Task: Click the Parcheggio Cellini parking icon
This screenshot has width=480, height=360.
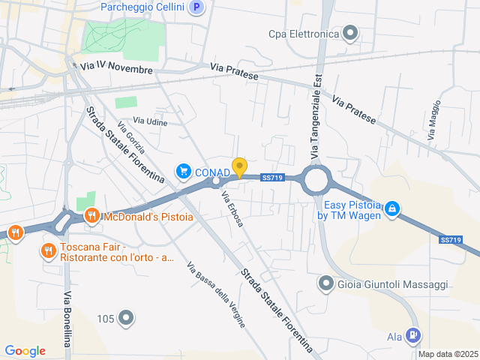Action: point(196,7)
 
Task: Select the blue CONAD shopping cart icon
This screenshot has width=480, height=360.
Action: point(183,172)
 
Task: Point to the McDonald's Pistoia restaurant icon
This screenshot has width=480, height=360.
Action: point(91,217)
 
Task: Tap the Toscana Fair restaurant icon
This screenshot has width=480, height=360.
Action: point(49,250)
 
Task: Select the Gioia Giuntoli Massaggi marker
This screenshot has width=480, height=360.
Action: point(325,283)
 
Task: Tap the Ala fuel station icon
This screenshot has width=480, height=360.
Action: point(412,335)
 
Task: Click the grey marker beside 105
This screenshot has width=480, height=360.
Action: point(126,319)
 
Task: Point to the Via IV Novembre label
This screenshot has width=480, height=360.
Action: point(116,68)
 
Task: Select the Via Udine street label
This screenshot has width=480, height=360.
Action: point(151,121)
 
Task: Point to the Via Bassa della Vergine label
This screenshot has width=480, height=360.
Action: point(215,294)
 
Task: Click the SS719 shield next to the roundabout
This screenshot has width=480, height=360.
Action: point(271,178)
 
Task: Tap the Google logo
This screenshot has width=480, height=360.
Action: point(25,351)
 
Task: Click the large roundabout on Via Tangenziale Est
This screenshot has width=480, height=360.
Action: point(316,180)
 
